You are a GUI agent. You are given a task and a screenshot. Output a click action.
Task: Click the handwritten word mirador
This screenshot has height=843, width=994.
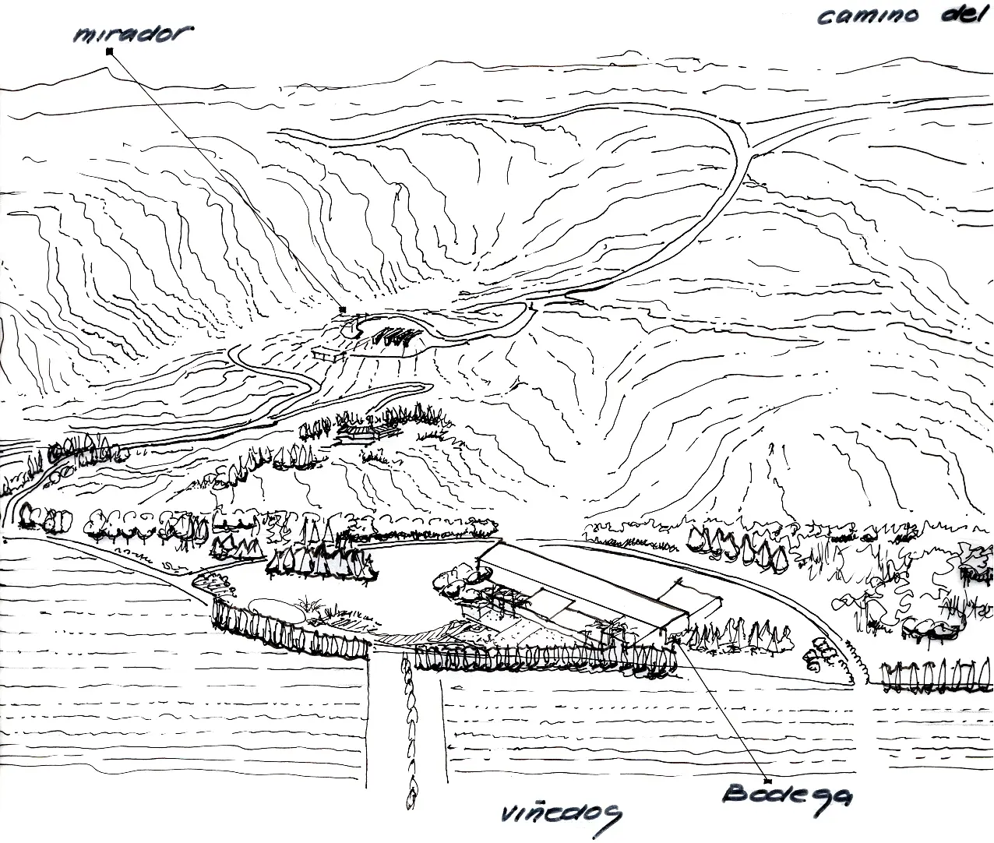point(132,34)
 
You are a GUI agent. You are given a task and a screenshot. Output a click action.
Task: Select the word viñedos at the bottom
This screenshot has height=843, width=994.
point(560,815)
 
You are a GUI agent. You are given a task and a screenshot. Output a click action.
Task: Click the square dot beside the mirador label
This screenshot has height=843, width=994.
point(110,51)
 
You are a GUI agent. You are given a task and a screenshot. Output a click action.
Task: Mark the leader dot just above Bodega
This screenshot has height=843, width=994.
point(767,779)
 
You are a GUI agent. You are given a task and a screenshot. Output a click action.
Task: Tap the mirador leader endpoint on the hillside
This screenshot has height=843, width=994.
point(342,310)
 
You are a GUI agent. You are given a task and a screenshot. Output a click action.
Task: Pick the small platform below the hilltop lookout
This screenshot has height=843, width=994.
point(328,354)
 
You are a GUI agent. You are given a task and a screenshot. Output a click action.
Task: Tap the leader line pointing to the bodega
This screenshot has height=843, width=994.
point(721,709)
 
